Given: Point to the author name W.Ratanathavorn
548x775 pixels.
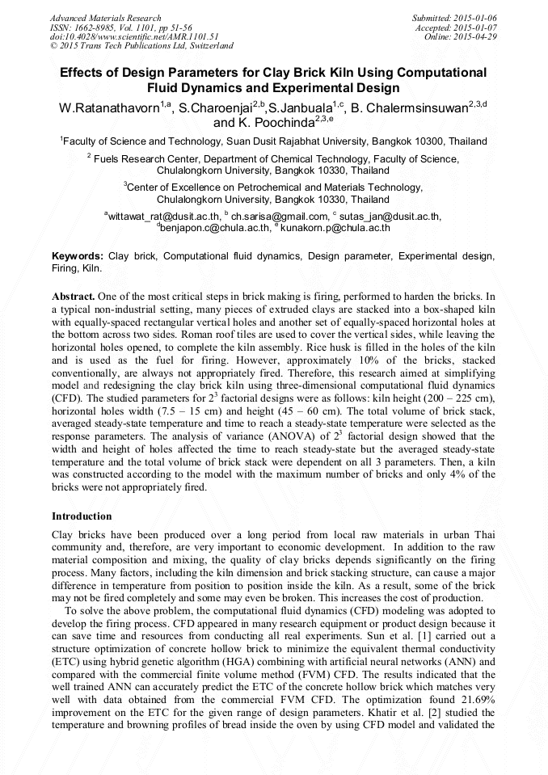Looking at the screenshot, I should [109, 107].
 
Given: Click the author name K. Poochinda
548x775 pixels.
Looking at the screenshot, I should [279, 123].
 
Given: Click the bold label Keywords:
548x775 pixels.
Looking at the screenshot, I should [78, 256].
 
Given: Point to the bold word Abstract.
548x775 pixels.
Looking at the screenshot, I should [76, 296].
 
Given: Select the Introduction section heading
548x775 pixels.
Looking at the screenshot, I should [82, 516].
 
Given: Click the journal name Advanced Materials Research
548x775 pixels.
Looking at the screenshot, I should [105, 18].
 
